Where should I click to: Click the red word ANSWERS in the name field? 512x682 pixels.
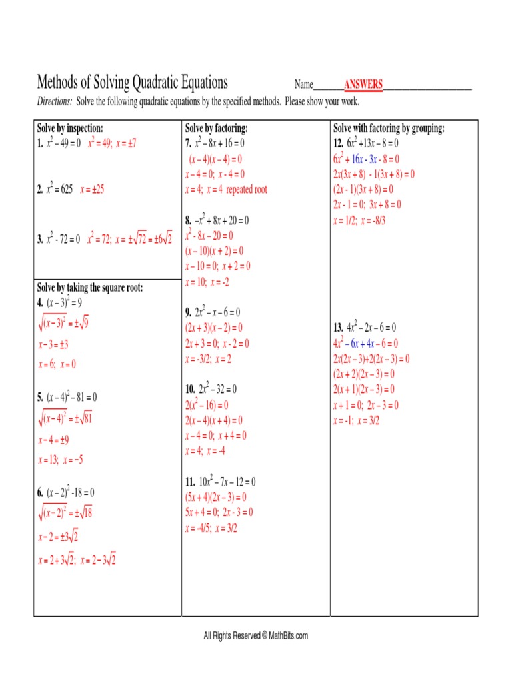point(363,85)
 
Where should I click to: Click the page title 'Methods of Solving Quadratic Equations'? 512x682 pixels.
point(132,83)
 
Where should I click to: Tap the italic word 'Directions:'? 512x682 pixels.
point(54,101)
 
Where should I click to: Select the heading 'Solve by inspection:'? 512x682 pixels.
point(70,128)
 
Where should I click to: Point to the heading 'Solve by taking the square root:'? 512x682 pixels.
point(90,288)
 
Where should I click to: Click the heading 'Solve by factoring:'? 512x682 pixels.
point(217,128)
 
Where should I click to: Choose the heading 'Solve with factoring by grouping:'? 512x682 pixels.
point(389,128)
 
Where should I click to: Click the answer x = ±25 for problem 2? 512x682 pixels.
point(92,190)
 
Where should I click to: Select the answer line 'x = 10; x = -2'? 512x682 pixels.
point(207,282)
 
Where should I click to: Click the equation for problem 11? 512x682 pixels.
point(221,482)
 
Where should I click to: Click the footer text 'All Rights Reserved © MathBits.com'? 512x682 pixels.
point(256,636)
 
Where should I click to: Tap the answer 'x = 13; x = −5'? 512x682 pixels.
point(60,460)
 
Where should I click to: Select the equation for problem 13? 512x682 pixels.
point(365,328)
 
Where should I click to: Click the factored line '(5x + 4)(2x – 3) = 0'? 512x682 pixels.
point(215,497)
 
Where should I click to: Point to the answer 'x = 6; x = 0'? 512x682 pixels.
point(57,364)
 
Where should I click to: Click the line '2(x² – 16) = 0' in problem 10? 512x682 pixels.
point(207,405)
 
